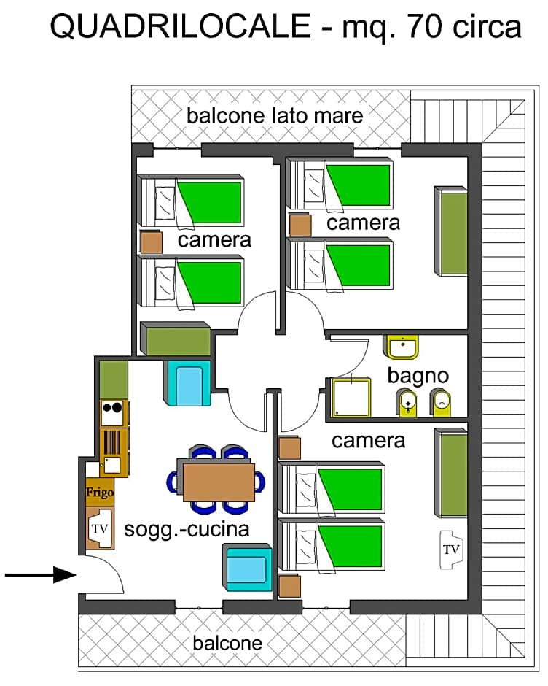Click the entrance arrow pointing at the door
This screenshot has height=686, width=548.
pos(41,574)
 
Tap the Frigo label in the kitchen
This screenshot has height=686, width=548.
pos(100,493)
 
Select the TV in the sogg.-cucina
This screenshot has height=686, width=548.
pos(100,529)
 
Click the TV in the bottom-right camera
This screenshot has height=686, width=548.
pos(451,550)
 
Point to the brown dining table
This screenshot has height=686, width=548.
pos(219,482)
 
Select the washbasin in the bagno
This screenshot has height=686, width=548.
pos(402,347)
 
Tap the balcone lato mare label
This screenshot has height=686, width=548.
pos(275,116)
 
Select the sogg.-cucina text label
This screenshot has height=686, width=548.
pos(187,530)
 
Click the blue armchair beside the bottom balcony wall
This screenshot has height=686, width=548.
pos(247,568)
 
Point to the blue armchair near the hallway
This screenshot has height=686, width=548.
pos(188,383)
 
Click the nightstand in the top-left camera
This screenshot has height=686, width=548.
pos(151,242)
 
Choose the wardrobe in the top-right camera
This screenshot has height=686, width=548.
pos(451,231)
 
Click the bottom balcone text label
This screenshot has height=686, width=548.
pos(227,644)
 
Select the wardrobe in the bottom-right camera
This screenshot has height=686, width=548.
pos(451,472)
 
